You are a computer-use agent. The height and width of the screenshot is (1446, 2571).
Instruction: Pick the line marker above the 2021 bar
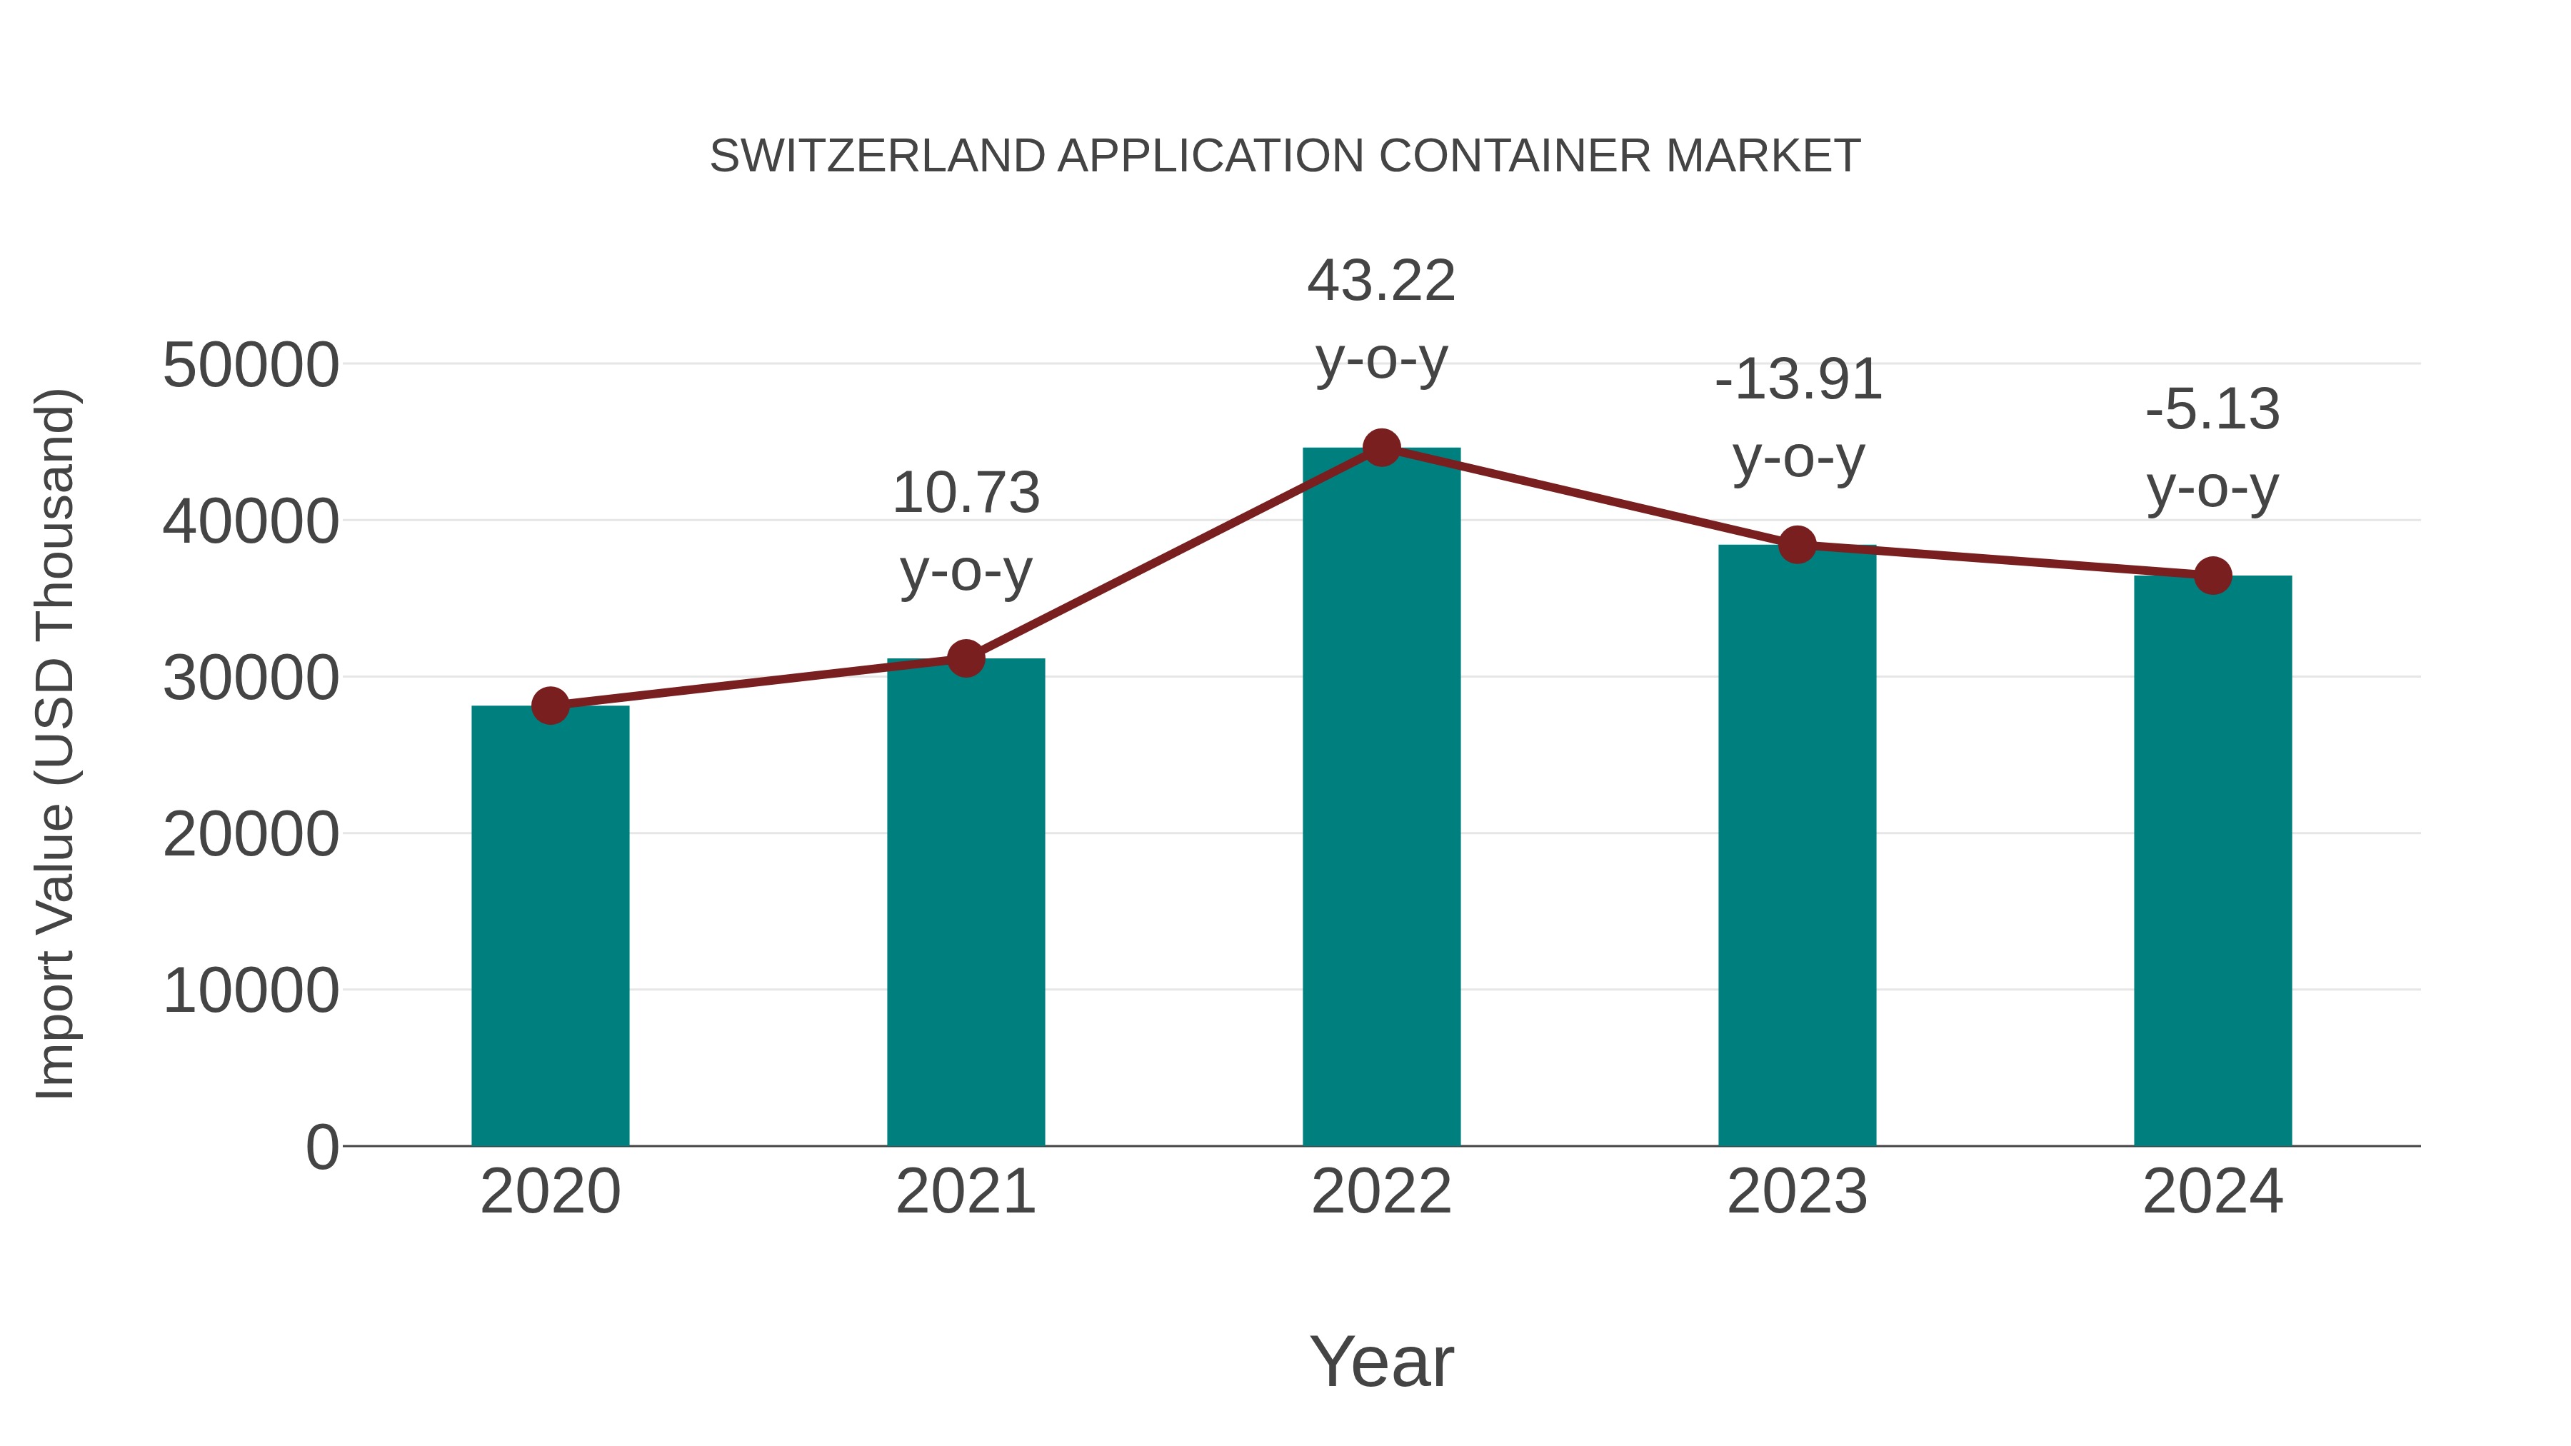[965, 658]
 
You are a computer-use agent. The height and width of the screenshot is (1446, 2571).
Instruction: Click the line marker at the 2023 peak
[1797, 545]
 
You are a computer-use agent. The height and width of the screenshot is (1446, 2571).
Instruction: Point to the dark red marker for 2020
[550, 706]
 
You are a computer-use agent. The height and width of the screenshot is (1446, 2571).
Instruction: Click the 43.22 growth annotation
[1381, 281]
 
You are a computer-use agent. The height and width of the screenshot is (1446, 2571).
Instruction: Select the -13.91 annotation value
[1798, 380]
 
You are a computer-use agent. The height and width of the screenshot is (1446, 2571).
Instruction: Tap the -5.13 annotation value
[2212, 410]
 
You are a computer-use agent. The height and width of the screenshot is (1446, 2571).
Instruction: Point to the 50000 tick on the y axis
[251, 365]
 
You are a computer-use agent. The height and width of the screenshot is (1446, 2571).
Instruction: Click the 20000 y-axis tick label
[251, 834]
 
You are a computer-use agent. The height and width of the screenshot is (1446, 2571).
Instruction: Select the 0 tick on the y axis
[321, 1147]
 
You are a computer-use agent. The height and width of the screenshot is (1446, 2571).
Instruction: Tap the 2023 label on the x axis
[1797, 1192]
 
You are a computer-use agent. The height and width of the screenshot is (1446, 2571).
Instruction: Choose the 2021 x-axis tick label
[965, 1192]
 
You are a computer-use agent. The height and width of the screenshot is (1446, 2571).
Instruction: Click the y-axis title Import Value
[55, 743]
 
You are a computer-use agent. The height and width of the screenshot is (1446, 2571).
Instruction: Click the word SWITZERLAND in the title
[877, 156]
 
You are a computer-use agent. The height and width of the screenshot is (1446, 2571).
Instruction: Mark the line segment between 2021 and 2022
[1173, 554]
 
